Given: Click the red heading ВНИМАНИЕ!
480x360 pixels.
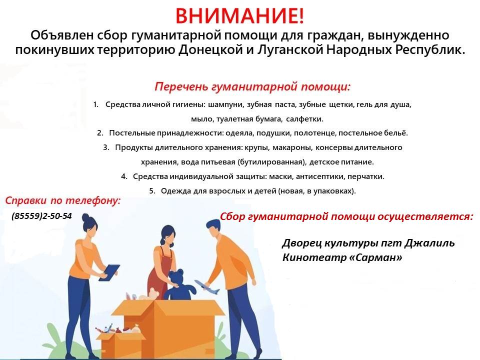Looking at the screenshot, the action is point(239,15).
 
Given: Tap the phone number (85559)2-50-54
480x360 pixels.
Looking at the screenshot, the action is point(41,216).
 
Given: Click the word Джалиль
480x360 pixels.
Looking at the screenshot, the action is point(429,243).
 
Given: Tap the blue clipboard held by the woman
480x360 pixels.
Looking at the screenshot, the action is point(108,272).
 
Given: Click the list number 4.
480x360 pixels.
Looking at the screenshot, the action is point(123,176).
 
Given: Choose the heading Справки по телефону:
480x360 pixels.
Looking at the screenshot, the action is point(63,201).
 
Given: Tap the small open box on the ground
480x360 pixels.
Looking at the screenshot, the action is point(119,344).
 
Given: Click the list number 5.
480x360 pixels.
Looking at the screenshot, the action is point(152,191).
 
